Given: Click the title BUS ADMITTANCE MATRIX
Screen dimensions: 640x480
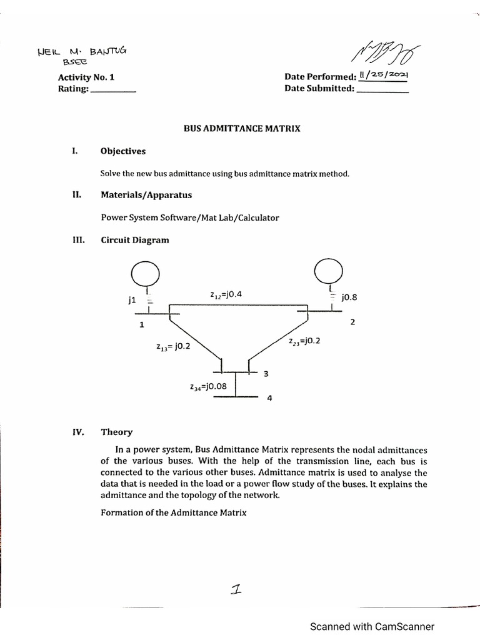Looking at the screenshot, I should pos(241,129).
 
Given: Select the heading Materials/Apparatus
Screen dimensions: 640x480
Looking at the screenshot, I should pos(146,194).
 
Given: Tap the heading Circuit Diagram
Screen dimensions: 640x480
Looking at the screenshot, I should pos(134,240).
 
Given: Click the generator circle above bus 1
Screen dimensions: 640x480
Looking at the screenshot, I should pos(146,273).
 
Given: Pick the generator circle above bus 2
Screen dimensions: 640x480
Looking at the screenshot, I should pos(328,271).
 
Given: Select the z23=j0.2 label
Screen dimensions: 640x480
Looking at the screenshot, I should pos(304,342).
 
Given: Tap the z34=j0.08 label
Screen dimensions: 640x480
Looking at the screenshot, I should pos(208,386).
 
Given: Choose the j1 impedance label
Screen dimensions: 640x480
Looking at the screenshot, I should pos(131,300).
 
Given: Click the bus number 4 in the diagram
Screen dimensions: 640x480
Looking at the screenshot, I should pos(269,399).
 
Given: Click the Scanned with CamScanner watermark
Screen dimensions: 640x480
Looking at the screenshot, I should pos(372,626).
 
